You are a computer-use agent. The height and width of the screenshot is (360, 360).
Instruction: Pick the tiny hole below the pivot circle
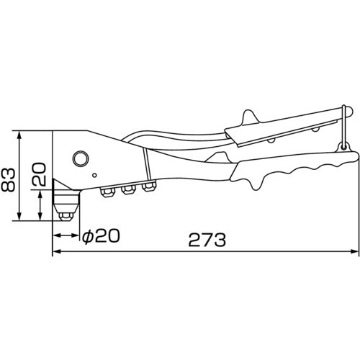pyautogui.click(x=94, y=175)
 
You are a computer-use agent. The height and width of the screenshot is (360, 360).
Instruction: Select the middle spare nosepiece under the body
pyautogui.click(x=129, y=189)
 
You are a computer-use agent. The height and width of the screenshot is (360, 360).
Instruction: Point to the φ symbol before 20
pyautogui.click(x=86, y=235)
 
